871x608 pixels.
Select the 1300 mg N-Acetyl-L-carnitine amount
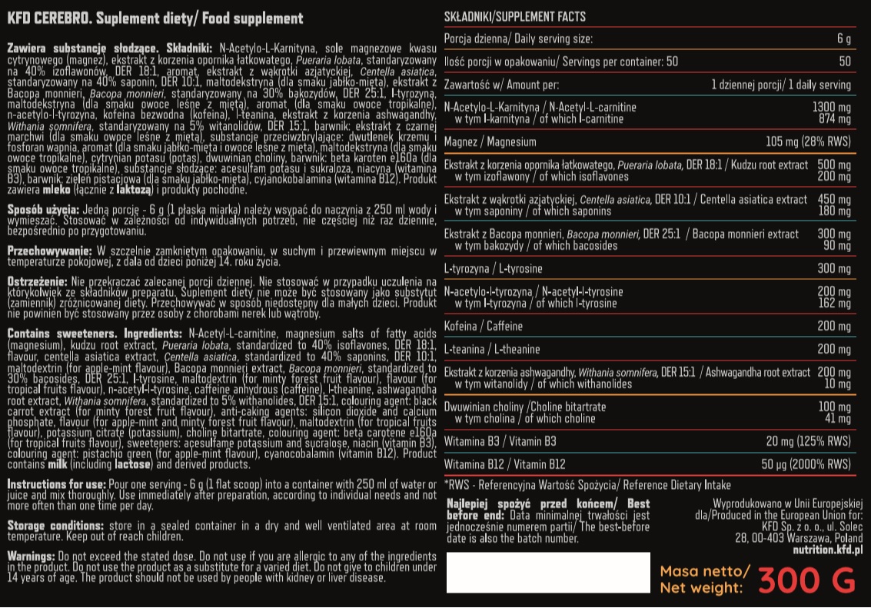(x=832, y=108)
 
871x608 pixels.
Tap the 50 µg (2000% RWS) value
(x=806, y=464)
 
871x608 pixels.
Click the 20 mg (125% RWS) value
(x=808, y=441)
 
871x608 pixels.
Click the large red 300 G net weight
(x=806, y=580)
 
